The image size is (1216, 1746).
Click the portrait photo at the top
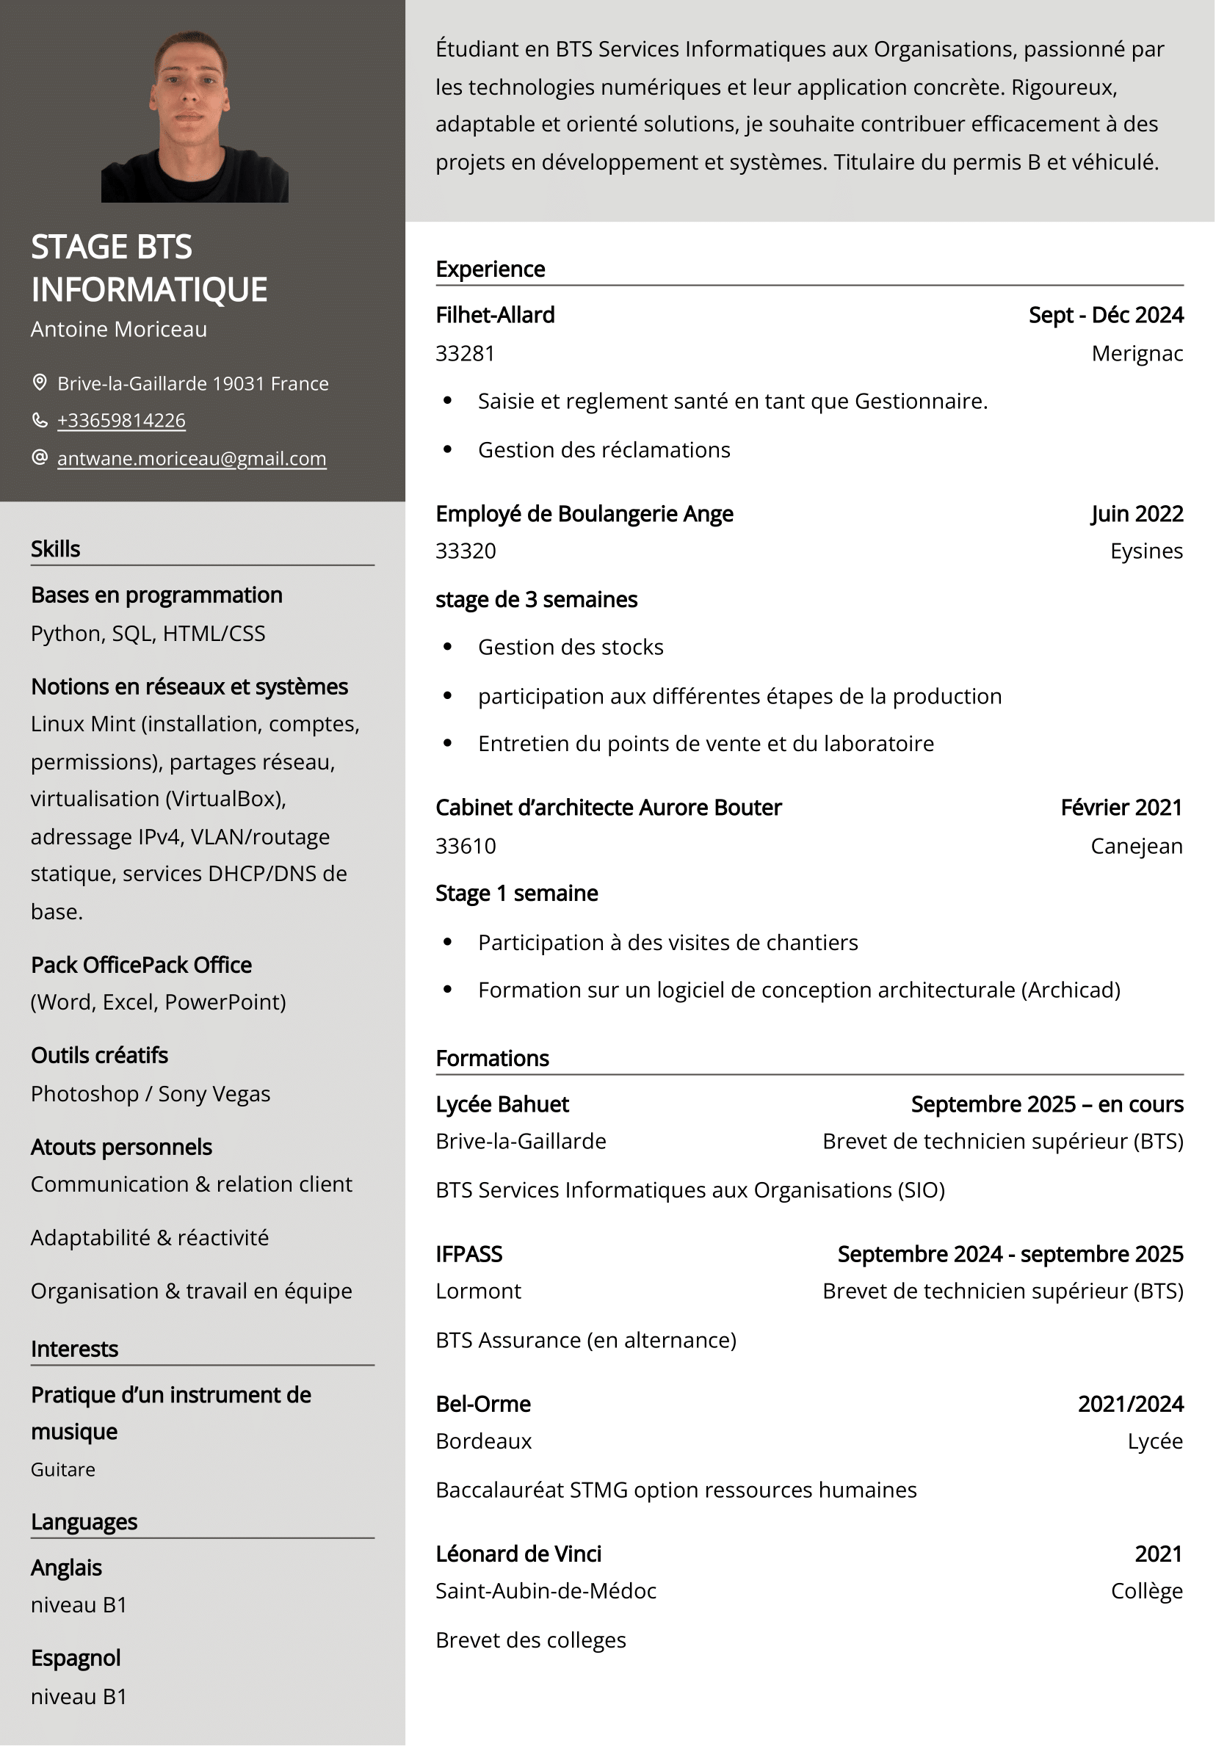[x=195, y=115]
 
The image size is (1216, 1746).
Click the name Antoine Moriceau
[x=119, y=329]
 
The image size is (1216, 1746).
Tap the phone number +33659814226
[x=121, y=421]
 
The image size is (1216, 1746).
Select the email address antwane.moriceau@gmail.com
[x=192, y=459]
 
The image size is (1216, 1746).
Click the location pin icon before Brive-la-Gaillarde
[x=40, y=383]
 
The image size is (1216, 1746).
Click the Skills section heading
[x=56, y=549]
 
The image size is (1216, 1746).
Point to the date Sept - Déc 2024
[x=1105, y=315]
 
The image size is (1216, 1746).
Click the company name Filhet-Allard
[x=495, y=315]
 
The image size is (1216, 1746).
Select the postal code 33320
[x=466, y=551]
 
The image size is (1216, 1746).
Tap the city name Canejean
[x=1136, y=846]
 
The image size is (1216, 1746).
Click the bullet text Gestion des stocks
[x=571, y=647]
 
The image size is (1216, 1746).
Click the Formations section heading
[x=492, y=1059]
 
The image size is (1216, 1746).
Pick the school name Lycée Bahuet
[x=502, y=1104]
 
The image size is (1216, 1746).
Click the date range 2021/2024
[x=1130, y=1404]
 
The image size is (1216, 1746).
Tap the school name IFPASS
[x=468, y=1254]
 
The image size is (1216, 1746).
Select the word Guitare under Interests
[x=63, y=1469]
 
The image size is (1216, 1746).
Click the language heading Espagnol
[x=76, y=1658]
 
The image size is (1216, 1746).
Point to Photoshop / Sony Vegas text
[x=151, y=1093]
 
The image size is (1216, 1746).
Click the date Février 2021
[x=1121, y=808]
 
